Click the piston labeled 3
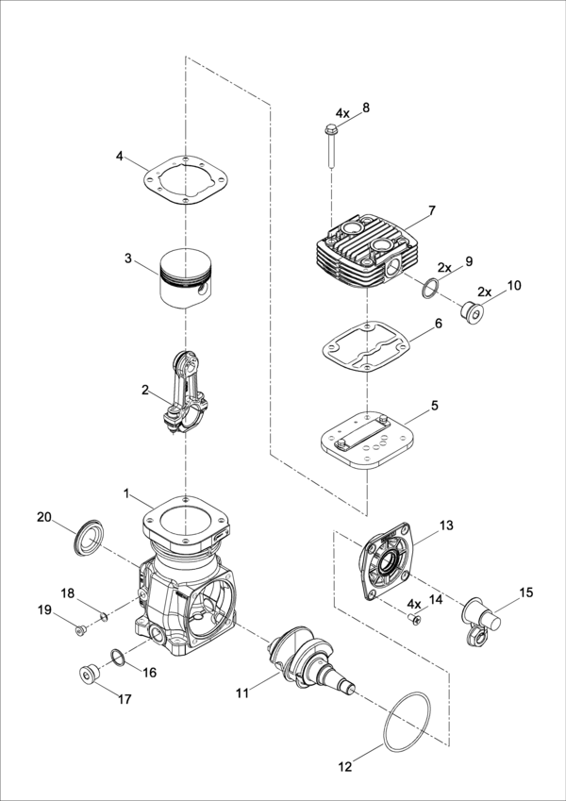185,278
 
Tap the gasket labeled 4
186,180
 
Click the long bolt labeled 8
330,145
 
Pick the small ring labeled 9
429,288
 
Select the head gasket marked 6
366,346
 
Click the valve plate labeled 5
367,440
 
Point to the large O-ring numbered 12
408,722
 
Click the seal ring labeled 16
117,658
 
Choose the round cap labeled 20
89,539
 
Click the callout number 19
45,609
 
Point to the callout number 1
126,493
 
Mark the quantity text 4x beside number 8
342,113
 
